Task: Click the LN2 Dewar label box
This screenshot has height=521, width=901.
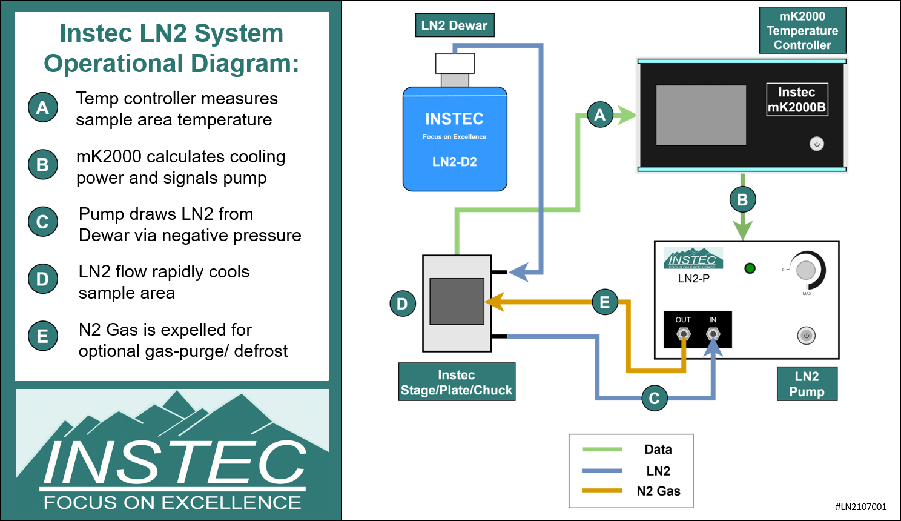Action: click(x=454, y=25)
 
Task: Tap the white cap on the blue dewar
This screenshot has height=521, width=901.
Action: click(x=455, y=63)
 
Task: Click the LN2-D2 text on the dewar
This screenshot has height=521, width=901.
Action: click(x=454, y=162)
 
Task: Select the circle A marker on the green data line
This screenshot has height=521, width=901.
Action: click(x=600, y=114)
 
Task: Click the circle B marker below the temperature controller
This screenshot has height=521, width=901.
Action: click(x=742, y=199)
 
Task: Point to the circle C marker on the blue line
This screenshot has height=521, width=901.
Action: click(x=655, y=398)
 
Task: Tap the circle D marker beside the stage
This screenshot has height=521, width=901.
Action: click(x=403, y=304)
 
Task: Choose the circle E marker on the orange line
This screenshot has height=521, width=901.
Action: click(x=604, y=302)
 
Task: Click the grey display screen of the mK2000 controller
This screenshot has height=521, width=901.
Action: click(x=701, y=115)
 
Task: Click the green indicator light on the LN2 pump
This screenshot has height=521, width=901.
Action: click(x=750, y=268)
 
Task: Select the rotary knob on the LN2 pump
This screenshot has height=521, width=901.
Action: click(x=806, y=270)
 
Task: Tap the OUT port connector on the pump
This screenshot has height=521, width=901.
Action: click(x=684, y=334)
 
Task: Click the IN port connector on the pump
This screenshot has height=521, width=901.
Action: click(x=713, y=334)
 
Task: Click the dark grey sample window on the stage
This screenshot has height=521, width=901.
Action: click(x=457, y=302)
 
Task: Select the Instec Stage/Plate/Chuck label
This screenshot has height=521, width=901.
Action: click(x=457, y=382)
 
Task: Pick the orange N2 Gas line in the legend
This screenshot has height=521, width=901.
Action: click(x=601, y=491)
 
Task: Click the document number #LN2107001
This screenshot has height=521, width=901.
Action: click(x=860, y=507)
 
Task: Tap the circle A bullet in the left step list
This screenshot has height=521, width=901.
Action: click(x=43, y=107)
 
